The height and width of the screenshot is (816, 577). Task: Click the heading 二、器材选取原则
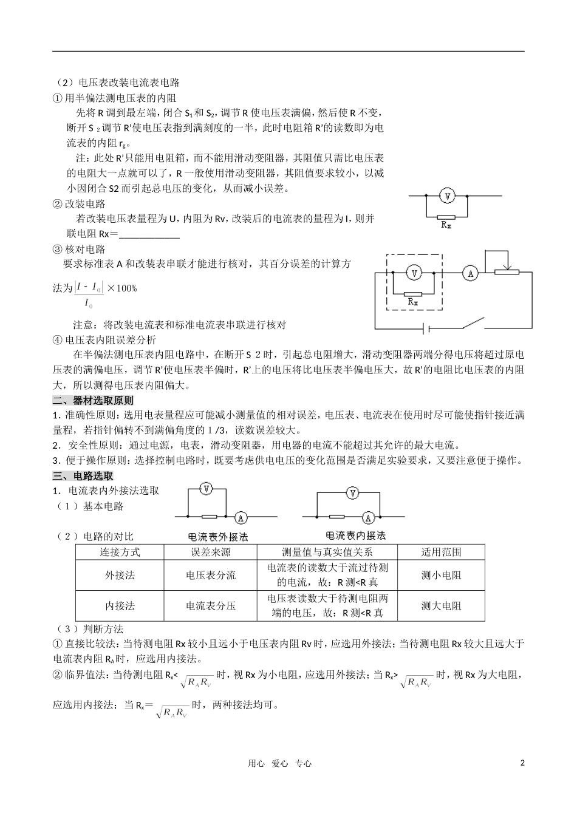pyautogui.click(x=93, y=400)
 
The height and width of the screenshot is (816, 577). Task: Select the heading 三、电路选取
pyautogui.click(x=83, y=475)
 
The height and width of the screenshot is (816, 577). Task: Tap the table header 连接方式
pyautogui.click(x=120, y=552)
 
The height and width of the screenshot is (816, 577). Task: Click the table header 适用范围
pyautogui.click(x=441, y=552)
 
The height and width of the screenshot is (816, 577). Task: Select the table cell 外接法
pyautogui.click(x=120, y=575)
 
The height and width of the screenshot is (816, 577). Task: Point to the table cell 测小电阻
pyautogui.click(x=441, y=575)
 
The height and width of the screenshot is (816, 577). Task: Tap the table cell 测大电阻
pyautogui.click(x=441, y=605)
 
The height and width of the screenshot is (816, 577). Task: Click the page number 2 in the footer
pyautogui.click(x=522, y=763)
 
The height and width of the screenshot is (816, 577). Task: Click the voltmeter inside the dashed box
pyautogui.click(x=414, y=274)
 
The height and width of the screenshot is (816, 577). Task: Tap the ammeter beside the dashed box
pyautogui.click(x=469, y=274)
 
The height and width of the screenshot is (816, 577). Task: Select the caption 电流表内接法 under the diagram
pyautogui.click(x=356, y=535)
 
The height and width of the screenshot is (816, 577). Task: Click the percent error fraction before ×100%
pyautogui.click(x=89, y=294)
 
